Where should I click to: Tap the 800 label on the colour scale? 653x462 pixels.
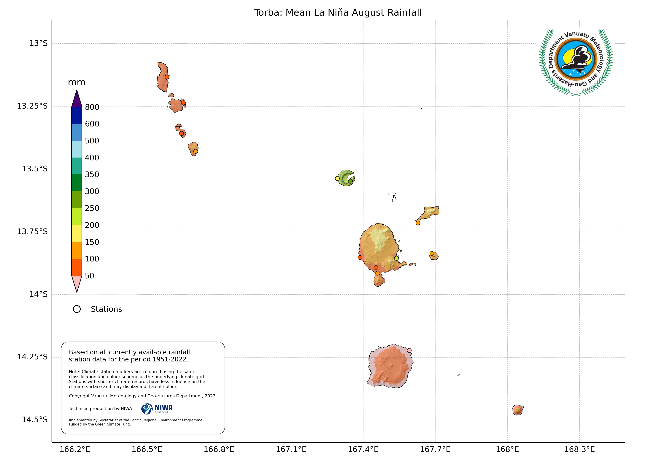92,107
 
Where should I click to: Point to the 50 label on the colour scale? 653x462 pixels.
89,276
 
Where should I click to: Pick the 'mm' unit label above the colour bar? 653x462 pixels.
77,82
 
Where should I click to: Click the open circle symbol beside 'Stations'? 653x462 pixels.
77,309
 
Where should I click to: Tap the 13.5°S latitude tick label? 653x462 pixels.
35,169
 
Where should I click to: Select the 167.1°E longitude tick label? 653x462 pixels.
291,450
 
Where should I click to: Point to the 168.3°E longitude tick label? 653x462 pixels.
579,450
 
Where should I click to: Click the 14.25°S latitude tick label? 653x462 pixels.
32,357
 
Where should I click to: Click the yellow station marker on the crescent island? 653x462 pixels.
337,179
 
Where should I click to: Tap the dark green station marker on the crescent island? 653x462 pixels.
350,181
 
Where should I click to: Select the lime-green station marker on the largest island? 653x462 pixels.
396,258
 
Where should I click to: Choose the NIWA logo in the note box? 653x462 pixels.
157,409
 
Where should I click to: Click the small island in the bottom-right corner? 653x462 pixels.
518,410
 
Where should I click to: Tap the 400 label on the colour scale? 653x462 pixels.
92,158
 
